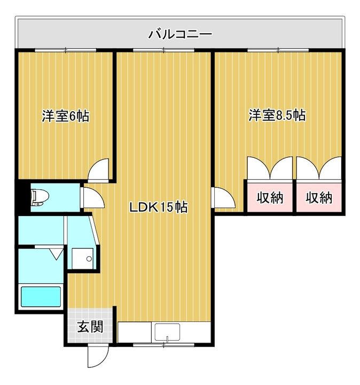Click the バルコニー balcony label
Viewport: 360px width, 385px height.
(180, 34)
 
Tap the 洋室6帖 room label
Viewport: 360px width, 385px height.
(66, 115)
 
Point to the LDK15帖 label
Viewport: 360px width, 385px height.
(159, 207)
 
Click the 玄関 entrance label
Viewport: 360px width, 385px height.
(90, 327)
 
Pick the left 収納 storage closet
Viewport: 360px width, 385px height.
(270, 197)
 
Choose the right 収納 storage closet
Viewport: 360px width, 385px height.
(319, 197)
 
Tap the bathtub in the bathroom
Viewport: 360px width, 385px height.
(41, 296)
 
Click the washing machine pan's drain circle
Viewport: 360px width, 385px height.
(89, 259)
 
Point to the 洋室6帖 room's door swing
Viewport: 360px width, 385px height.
(98, 170)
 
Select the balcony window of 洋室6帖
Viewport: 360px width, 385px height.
(66, 50)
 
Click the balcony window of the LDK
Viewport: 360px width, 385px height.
(164, 50)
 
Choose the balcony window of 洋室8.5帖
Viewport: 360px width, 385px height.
(278, 50)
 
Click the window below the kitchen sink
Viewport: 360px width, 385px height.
(164, 345)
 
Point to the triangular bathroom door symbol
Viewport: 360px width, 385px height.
(57, 254)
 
